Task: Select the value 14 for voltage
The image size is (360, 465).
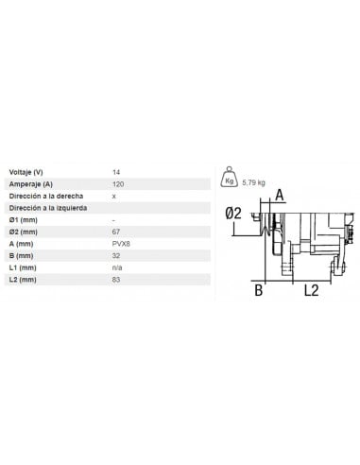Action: coord(116,172)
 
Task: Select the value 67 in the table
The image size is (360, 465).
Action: coord(116,231)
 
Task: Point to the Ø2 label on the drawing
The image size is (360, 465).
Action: coord(234,215)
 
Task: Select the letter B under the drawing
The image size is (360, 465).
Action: coord(257,291)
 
